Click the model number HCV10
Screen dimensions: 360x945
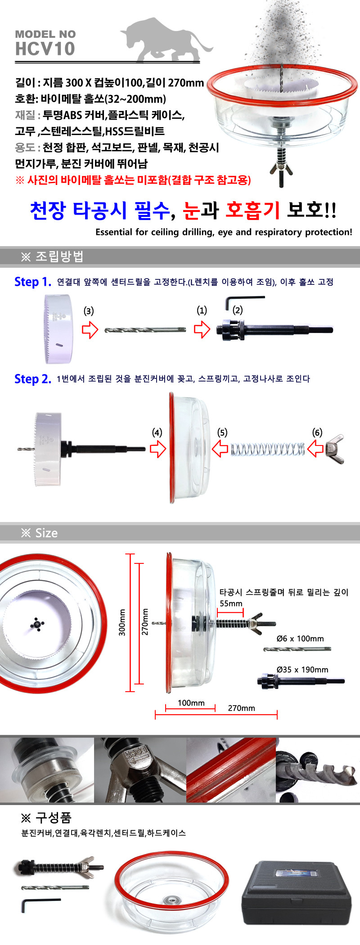point(45,49)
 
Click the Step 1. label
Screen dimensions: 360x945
point(33,282)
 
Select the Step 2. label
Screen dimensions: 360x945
point(33,379)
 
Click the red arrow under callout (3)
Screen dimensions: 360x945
point(90,329)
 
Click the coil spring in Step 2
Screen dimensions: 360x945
point(268,449)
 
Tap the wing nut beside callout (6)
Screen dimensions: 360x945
point(335,449)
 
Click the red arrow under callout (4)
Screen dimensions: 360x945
point(158,448)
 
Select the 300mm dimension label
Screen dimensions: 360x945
point(122,622)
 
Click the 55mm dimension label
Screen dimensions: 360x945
point(231,603)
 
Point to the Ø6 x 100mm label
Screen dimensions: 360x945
point(300,639)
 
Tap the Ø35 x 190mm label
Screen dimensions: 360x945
point(302,670)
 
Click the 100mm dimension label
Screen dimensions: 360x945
point(191,703)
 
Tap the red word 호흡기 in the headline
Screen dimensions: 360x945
point(252,210)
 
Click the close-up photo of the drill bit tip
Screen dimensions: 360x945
point(318,770)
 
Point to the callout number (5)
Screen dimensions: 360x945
point(222,432)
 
